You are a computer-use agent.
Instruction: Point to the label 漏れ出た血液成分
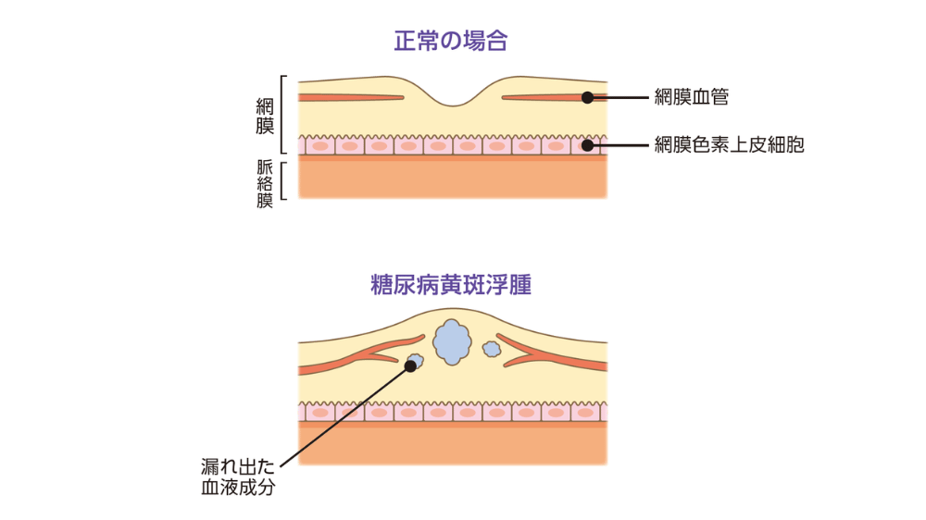coord(238,477)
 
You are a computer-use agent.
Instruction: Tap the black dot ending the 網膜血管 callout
coord(587,96)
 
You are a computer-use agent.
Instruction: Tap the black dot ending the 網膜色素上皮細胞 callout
coord(587,145)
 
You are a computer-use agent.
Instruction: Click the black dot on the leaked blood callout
coord(410,365)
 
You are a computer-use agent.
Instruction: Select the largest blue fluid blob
coord(451,340)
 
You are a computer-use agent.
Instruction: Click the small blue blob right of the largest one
coord(492,349)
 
